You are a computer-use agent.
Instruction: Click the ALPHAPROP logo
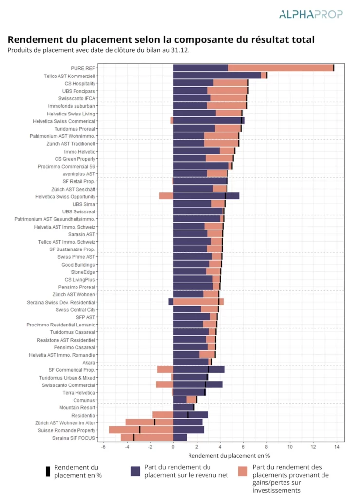[311, 14]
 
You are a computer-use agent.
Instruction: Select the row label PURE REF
[83, 68]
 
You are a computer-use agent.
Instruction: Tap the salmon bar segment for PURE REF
[281, 68]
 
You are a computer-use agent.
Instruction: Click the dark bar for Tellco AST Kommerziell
[217, 76]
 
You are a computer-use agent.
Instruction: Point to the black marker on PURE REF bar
[334, 68]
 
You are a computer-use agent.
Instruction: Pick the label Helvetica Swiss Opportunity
[65, 197]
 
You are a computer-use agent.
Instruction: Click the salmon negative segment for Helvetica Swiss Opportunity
[166, 196]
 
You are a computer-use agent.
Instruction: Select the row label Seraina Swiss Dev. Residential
[61, 302]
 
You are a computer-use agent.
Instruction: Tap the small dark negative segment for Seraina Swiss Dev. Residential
[171, 301]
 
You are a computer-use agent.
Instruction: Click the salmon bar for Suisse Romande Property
[141, 430]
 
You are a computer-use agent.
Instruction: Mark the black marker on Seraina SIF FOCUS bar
[134, 437]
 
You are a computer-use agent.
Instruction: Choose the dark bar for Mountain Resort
[184, 407]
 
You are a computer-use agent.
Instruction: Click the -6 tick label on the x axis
[103, 447]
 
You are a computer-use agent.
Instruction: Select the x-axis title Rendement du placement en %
[229, 456]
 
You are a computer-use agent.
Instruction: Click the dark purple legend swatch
[135, 471]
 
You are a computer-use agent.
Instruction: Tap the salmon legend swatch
[243, 471]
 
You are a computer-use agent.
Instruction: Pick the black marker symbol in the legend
[48, 471]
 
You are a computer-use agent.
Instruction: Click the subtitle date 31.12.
[180, 50]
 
